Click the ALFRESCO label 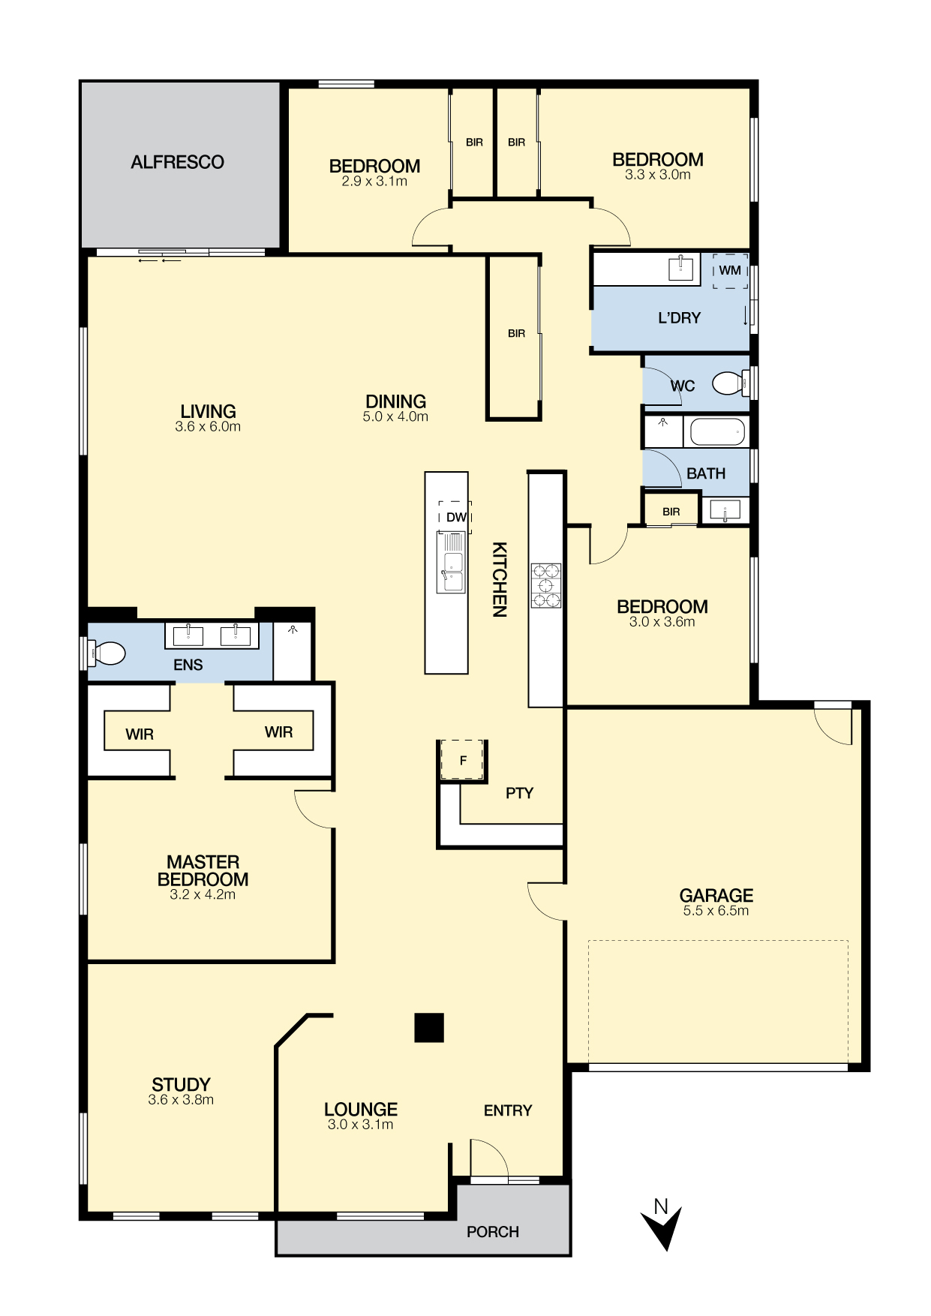coord(177,162)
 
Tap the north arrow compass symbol coord(661,1225)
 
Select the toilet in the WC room coord(728,383)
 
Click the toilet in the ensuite coord(106,653)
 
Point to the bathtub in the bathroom coord(717,432)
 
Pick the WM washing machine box coord(730,270)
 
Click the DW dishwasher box coord(455,517)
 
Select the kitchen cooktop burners coord(546,585)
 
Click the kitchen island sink coord(452,562)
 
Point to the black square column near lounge coord(429,1028)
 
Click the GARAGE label coord(716,895)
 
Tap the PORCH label coord(493,1232)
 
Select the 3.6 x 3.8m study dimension coord(181,1100)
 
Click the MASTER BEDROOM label coord(203,870)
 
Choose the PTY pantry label coord(519,793)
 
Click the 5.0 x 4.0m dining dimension coord(395,417)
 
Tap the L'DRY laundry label coord(679,318)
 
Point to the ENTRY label coord(508,1110)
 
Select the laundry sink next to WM coord(680,268)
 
